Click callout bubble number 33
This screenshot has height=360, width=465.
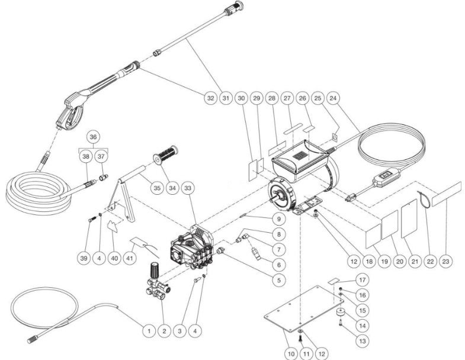click(189, 188)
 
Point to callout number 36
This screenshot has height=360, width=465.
click(92, 137)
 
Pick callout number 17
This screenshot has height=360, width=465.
click(361, 279)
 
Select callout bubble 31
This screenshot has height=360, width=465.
click(226, 98)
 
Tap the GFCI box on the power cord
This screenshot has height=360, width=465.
click(385, 176)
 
